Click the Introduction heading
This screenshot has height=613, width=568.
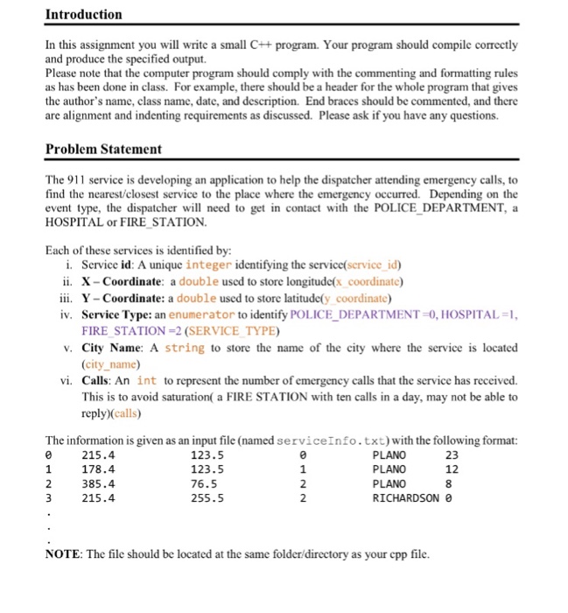83,15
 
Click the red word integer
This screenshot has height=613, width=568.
208,264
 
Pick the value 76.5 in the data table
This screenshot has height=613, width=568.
204,484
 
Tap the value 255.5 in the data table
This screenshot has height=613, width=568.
207,499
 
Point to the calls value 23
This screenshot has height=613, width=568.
452,455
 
